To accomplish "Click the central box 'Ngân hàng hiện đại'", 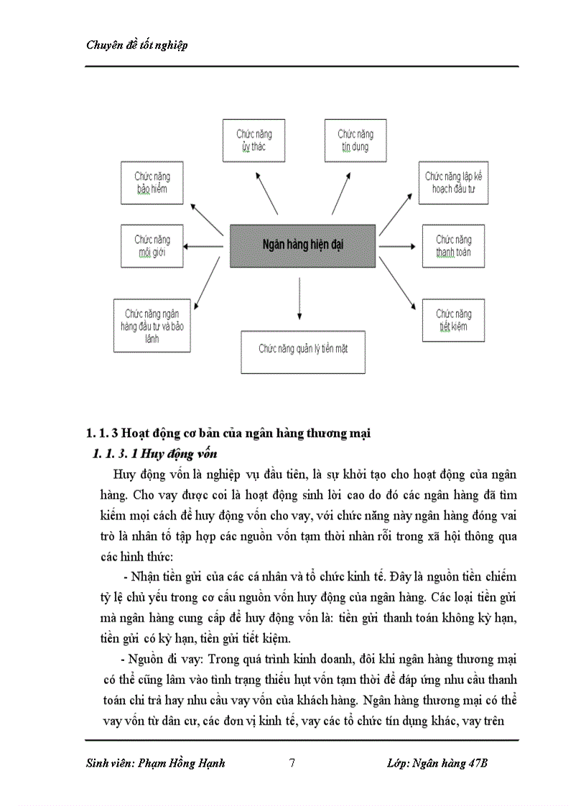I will tap(302, 246).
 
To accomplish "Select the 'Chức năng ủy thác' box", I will tap(254, 141).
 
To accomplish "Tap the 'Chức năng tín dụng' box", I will tap(355, 141).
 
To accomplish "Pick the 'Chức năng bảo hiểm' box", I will tap(152, 183).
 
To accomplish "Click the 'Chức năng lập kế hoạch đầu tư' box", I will tap(453, 182).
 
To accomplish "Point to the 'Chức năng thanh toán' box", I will tap(453, 246).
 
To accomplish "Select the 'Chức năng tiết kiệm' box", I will tap(453, 320).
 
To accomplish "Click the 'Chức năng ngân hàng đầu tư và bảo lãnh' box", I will tap(152, 326).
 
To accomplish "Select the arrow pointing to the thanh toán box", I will tap(397, 246).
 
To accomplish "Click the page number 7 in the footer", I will tap(292, 763).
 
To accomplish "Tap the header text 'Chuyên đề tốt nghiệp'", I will tap(136, 45).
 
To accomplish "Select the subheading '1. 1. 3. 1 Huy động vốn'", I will tap(155, 454).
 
